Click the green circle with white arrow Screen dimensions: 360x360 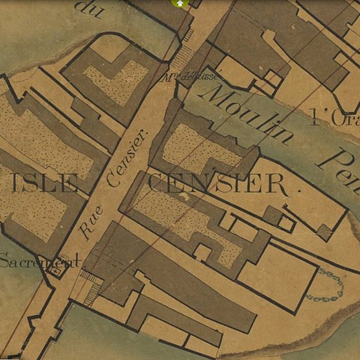coord(179,3)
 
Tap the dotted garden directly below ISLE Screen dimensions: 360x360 coord(36,216)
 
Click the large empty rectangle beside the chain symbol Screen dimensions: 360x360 coord(278,278)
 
